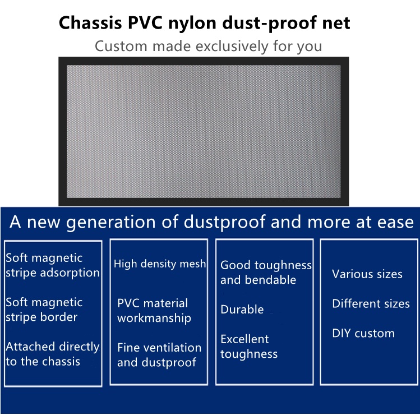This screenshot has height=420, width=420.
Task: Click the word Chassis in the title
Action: (86, 24)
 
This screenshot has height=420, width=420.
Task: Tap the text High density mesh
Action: (160, 264)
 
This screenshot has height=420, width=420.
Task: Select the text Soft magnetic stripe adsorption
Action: (52, 265)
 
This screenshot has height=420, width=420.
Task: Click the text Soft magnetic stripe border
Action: (44, 310)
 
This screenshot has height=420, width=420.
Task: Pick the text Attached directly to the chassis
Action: (52, 354)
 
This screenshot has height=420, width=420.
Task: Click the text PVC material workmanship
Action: (154, 311)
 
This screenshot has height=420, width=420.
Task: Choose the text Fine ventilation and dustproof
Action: (159, 355)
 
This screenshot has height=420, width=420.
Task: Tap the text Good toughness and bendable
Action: (265, 272)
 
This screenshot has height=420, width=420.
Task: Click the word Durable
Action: (242, 310)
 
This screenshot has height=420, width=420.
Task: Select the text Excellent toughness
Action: (249, 347)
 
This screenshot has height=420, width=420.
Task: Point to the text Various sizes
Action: (367, 274)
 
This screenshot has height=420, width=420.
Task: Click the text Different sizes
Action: (371, 304)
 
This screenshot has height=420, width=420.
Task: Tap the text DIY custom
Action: (363, 333)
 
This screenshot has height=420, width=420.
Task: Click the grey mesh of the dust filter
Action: (204, 130)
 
